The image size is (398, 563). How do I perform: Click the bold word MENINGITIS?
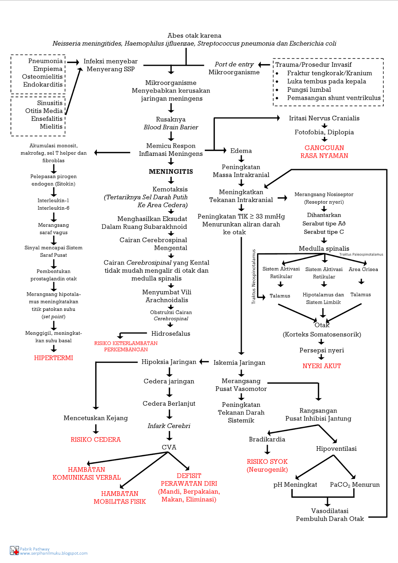pos(171,172)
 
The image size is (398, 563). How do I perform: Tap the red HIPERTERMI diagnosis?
pos(53,358)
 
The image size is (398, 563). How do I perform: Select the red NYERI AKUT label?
pos(322,366)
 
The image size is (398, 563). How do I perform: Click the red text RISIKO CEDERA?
pos(95,439)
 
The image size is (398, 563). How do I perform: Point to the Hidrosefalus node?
pos(171,334)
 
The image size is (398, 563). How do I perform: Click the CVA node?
pos(169,447)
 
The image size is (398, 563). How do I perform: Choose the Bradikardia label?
pos(267,439)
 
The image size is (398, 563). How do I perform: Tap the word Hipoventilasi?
pos(336,449)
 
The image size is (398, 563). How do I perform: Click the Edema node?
pos(241,151)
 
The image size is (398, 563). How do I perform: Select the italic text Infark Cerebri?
pos(169,426)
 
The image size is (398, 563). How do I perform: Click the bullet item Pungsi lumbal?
pos(309,90)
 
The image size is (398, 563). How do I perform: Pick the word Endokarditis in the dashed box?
pos(43,84)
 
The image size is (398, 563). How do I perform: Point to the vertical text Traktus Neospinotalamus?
pos(253,277)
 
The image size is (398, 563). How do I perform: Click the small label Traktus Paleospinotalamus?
pos(361,254)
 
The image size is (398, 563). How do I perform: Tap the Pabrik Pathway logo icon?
pos(14,551)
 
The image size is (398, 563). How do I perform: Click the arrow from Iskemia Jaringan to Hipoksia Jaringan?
pos(204,362)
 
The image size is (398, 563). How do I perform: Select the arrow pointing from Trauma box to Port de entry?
pos(264,65)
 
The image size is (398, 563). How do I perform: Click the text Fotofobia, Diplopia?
pos(324,132)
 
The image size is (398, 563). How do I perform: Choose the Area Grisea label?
pos(363,270)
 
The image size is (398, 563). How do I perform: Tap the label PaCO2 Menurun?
pos(354,485)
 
